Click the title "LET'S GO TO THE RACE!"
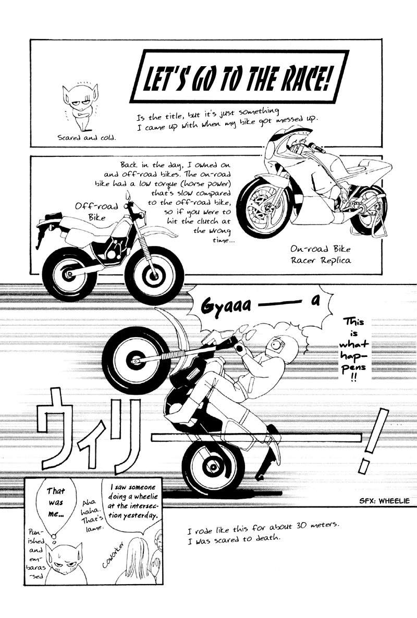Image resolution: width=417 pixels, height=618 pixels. point(238,82)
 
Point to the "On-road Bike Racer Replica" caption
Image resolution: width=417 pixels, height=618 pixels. point(321,255)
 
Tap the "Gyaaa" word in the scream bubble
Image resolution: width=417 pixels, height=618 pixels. point(226,306)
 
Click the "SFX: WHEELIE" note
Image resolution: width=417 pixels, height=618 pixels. point(384,501)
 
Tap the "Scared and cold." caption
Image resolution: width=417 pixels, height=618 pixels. point(87,138)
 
